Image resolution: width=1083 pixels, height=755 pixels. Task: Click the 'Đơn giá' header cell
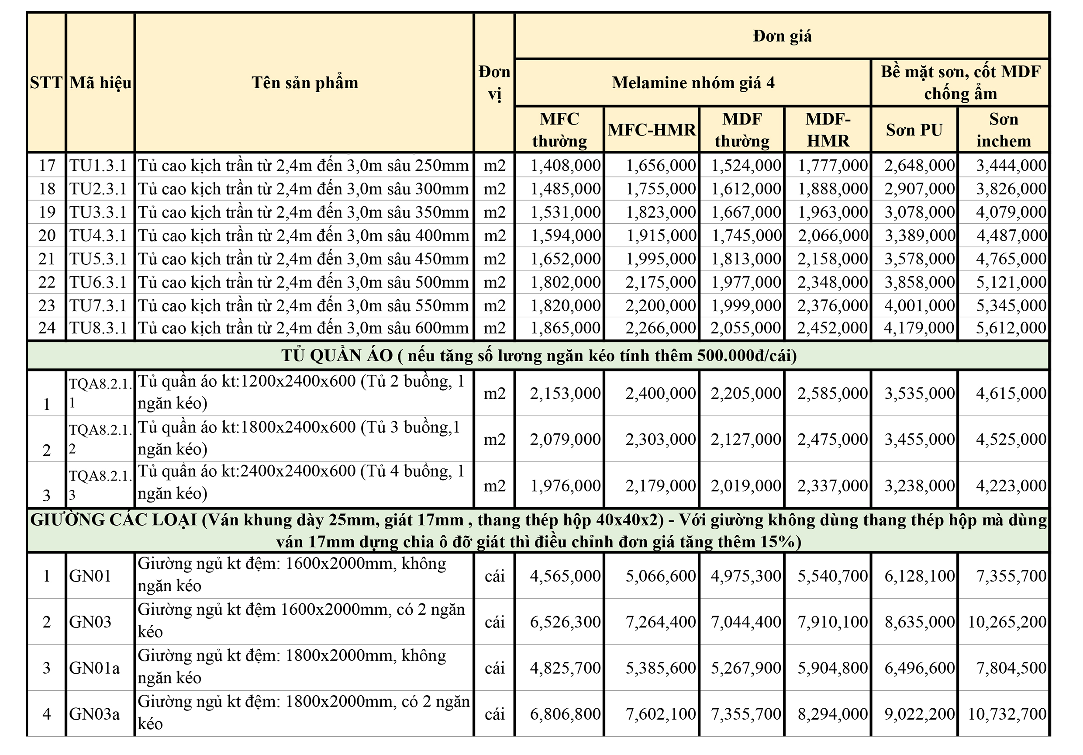[x=782, y=36]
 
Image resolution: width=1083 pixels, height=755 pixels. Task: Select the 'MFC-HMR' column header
[x=652, y=130]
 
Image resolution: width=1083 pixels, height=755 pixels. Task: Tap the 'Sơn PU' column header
[x=914, y=130]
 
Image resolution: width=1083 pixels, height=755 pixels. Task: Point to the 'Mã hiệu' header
[x=100, y=83]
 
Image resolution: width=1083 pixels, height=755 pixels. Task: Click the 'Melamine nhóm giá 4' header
[x=693, y=83]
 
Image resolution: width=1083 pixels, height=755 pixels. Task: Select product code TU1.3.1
[x=98, y=165]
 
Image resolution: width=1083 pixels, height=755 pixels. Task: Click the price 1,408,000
[x=566, y=165]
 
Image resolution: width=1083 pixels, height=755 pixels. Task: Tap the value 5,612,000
[x=1011, y=328]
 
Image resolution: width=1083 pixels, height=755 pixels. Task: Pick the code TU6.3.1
[x=98, y=282]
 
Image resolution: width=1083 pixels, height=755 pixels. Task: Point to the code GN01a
[x=94, y=668]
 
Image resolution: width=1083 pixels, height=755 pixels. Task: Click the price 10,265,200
[x=1007, y=622]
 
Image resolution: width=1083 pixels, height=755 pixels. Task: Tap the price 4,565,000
[x=566, y=576]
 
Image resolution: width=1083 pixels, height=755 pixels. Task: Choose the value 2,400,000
[x=660, y=393]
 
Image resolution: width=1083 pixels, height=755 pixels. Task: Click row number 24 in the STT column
[x=47, y=328]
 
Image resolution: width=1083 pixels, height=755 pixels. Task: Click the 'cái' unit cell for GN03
[x=494, y=622]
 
